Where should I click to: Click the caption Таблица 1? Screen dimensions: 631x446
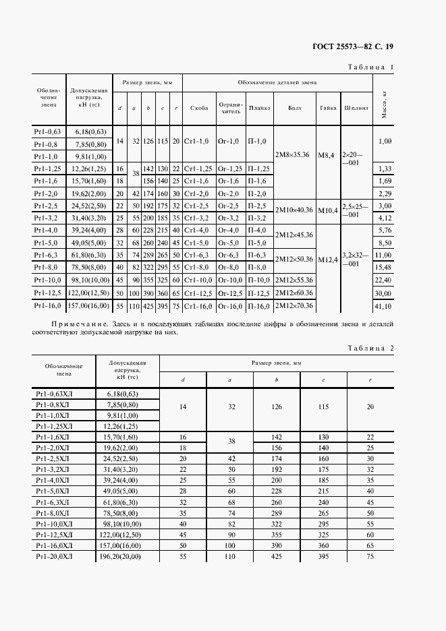pyautogui.click(x=370, y=67)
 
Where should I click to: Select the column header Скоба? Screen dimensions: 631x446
pyautogui.click(x=199, y=108)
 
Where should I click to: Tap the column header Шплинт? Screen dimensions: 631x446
pyautogui.click(x=356, y=108)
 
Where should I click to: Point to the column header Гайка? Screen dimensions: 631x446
pyautogui.click(x=329, y=108)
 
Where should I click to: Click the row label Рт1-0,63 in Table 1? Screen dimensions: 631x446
pyautogui.click(x=48, y=131)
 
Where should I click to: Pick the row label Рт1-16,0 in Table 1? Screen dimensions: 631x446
pyautogui.click(x=48, y=305)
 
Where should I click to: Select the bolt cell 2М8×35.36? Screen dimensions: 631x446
pyautogui.click(x=292, y=154)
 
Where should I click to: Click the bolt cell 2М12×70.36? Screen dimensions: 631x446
pyautogui.click(x=292, y=305)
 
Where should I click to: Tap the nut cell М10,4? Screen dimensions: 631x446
pyautogui.click(x=329, y=211)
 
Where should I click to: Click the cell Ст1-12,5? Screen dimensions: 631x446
pyautogui.click(x=199, y=293)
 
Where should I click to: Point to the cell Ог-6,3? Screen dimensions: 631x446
pyautogui.click(x=230, y=255)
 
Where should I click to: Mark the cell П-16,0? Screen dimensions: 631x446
pyautogui.click(x=259, y=305)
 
